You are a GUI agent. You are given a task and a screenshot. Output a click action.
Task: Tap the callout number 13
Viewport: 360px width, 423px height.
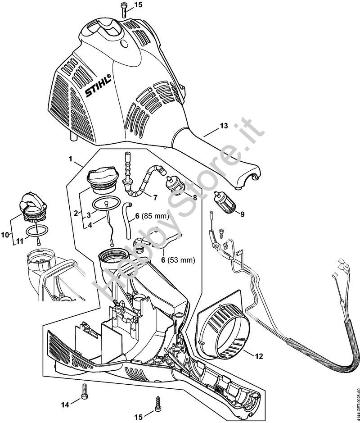click(224, 126)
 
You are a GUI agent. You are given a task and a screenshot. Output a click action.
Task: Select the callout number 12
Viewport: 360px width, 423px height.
click(259, 356)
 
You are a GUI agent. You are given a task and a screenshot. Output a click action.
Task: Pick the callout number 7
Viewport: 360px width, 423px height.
click(155, 197)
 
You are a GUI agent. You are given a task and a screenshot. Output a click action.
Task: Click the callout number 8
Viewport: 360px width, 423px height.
click(194, 197)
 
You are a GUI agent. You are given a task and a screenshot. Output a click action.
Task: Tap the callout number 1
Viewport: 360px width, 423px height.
click(70, 159)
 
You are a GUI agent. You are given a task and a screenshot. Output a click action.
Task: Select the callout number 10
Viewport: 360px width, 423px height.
click(5, 235)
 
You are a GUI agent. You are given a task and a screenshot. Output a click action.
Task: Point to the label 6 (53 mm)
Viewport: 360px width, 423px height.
click(179, 260)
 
